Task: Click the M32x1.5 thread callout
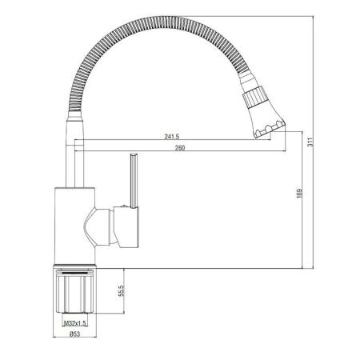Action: (x=74, y=322)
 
